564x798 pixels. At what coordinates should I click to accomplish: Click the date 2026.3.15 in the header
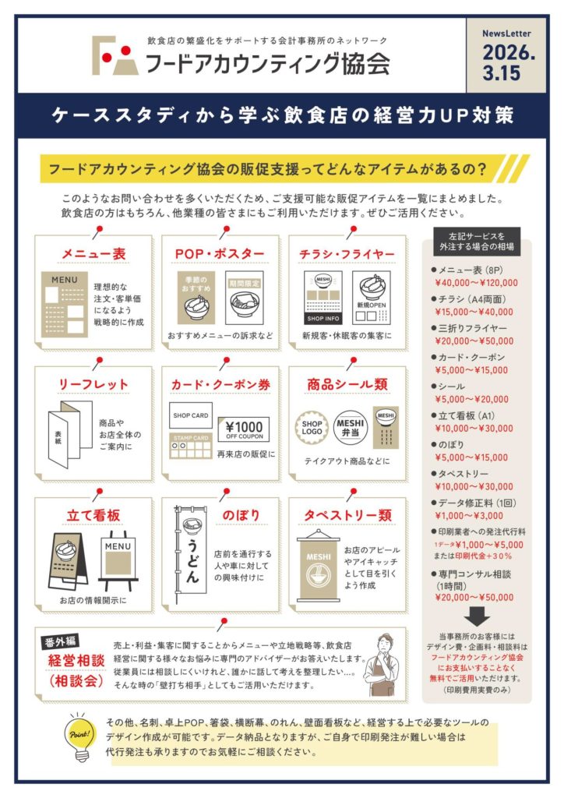tap(509, 62)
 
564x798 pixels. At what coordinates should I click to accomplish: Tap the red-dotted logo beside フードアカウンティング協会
tap(115, 55)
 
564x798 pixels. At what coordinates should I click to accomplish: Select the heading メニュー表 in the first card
tap(93, 253)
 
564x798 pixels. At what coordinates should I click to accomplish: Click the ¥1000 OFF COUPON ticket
tap(244, 429)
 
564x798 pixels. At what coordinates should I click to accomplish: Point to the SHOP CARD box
tap(191, 415)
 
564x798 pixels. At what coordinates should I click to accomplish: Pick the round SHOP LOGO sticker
tap(312, 427)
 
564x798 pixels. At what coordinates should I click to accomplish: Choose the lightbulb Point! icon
tap(79, 736)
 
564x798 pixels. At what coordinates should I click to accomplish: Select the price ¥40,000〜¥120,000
tap(477, 283)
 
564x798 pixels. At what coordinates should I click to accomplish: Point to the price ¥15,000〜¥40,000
tap(474, 312)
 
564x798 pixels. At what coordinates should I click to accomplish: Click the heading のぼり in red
tap(241, 515)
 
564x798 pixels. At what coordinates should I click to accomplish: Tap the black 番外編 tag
tap(60, 642)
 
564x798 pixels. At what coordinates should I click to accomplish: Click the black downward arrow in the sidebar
tap(477, 617)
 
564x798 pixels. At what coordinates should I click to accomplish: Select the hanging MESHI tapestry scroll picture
tap(319, 566)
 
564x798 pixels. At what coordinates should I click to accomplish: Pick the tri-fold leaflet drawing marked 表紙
tap(70, 433)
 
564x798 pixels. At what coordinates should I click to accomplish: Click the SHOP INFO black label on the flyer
tap(323, 319)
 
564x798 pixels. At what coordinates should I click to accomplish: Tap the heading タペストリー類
tap(348, 515)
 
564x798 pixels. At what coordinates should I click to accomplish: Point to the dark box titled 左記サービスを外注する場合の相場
tap(477, 242)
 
